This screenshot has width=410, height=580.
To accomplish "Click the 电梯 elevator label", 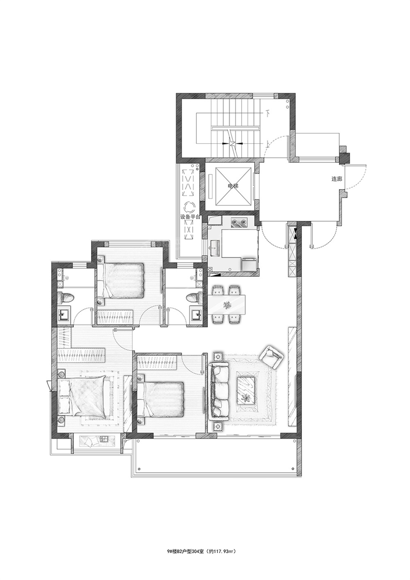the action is (233, 186).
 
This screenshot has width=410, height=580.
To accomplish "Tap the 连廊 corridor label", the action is (337, 179).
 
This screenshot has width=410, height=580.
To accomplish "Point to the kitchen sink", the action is (215, 248).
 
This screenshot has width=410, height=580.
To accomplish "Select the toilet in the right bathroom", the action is (194, 298).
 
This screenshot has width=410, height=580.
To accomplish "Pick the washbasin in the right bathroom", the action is (197, 315).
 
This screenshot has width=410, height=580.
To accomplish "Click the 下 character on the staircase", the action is (267, 113).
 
